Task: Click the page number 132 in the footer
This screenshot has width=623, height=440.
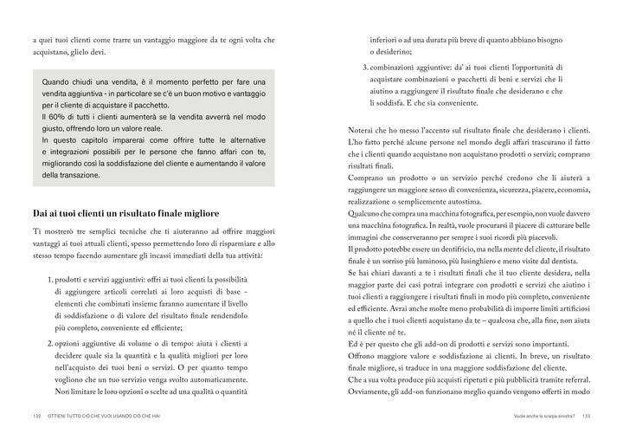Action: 35,417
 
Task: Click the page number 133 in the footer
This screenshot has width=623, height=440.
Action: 586,417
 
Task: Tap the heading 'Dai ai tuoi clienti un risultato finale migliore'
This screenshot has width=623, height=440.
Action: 125,212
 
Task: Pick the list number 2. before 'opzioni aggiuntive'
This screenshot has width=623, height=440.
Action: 48,345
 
